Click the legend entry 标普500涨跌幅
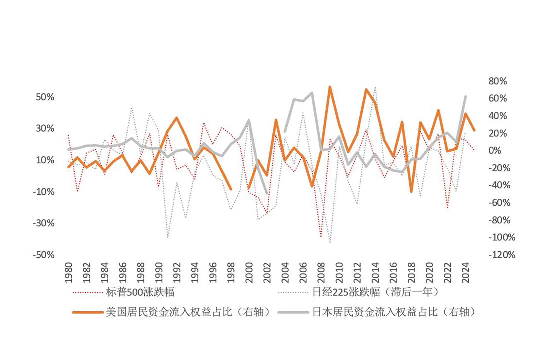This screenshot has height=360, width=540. pyautogui.click(x=140, y=291)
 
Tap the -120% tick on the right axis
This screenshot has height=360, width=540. pyautogui.click(x=495, y=255)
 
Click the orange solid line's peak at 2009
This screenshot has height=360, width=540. pyautogui.click(x=330, y=87)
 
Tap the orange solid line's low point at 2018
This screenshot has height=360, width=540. pyautogui.click(x=411, y=191)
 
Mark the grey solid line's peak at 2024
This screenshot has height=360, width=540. pyautogui.click(x=465, y=96)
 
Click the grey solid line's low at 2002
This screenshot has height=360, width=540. pyautogui.click(x=267, y=194)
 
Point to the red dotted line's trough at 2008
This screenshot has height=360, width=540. pyautogui.click(x=321, y=237)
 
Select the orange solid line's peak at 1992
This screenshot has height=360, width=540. pyautogui.click(x=177, y=118)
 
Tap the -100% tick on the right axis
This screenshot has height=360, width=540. pyautogui.click(x=495, y=237)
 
